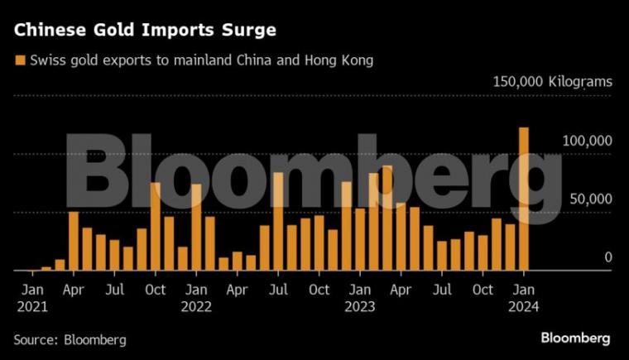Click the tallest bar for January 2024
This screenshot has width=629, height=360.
click(523, 199)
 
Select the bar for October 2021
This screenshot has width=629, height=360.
click(155, 227)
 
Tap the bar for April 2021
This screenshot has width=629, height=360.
click(74, 241)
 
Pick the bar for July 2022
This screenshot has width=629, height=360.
click(278, 221)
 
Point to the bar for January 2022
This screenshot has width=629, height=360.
click(196, 227)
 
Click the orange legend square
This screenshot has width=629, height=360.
click(19, 60)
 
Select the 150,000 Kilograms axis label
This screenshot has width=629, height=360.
click(552, 82)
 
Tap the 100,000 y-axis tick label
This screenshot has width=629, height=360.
click(587, 142)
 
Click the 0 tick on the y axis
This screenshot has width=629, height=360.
click(607, 257)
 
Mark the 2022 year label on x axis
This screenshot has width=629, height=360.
click(196, 306)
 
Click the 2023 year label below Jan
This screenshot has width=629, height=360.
click(359, 306)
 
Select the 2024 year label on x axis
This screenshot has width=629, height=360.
click(523, 306)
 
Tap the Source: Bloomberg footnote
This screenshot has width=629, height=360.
click(70, 339)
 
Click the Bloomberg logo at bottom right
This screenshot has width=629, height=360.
click(575, 338)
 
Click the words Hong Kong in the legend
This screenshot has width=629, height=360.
click(346, 60)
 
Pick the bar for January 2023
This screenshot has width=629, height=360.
click(359, 239)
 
